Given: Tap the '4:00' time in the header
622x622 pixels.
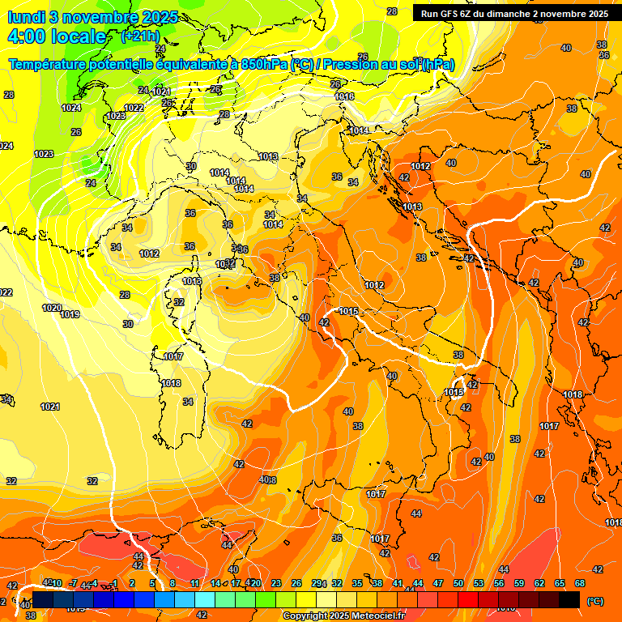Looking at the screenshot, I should [x=25, y=36].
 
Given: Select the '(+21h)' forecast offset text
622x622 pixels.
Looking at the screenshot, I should [x=139, y=36].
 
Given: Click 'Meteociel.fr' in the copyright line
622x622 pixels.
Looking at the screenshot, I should [x=372, y=616].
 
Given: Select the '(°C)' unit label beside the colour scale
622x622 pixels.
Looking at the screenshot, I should [x=594, y=601].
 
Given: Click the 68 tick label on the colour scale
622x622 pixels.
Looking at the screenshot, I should [x=580, y=583].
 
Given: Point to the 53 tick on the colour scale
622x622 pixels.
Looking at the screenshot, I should [x=479, y=583].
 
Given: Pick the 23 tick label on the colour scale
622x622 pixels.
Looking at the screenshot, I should [x=276, y=583].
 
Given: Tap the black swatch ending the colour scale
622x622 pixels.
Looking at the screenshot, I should [x=569, y=599].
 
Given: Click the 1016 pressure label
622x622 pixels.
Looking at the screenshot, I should [x=345, y=96].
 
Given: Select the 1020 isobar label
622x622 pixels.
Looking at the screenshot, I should [x=52, y=308].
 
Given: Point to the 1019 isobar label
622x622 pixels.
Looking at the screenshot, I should [x=70, y=314].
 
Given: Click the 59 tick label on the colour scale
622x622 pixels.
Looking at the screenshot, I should [x=519, y=583].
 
